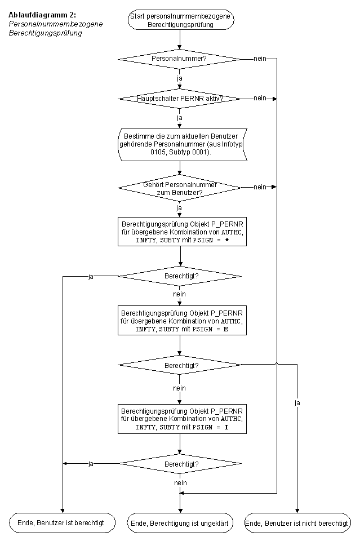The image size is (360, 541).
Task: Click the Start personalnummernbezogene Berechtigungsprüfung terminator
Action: (181, 20)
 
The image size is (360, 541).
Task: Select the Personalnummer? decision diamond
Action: (179, 59)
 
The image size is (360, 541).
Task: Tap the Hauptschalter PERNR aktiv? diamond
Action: (179, 99)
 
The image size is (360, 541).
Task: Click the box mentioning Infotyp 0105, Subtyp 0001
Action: (183, 144)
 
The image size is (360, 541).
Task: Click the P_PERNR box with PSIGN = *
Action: (182, 232)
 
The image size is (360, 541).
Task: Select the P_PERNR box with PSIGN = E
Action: (182, 321)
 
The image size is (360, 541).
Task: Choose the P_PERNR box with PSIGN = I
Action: (182, 419)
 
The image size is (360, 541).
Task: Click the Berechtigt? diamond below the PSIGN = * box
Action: (180, 276)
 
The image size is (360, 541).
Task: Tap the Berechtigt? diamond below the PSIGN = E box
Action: (180, 365)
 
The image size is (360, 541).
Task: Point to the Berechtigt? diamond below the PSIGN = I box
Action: (180, 464)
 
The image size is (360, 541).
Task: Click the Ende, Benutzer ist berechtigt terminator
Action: (62, 523)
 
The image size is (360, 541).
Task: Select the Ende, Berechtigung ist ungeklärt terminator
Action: (180, 523)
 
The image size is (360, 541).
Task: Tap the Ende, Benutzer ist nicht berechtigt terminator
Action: (297, 523)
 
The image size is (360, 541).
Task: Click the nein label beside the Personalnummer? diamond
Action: (260, 59)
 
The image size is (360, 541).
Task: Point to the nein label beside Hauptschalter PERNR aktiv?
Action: (260, 98)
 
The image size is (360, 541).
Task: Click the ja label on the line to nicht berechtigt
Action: (297, 402)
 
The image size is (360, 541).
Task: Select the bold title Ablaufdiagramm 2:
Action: (42, 15)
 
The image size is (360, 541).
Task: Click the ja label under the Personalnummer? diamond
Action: (179, 78)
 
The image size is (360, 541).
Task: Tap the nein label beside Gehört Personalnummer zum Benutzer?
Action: (260, 187)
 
